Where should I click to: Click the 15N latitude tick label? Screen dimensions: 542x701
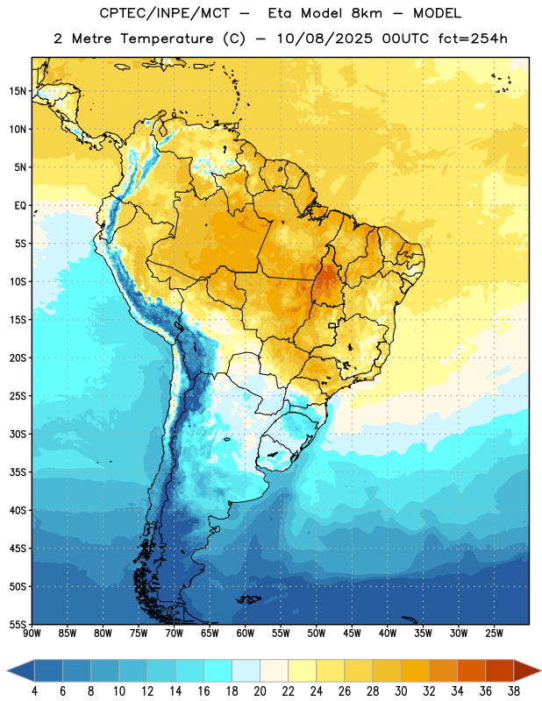18,91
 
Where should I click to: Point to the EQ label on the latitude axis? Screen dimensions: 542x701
20,206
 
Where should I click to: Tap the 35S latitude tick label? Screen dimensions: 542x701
18,472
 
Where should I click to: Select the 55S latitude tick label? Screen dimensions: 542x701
18,624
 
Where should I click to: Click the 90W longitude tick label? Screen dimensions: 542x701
32,634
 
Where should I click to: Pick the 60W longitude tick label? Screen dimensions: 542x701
246,634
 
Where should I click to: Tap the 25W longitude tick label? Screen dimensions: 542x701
494,634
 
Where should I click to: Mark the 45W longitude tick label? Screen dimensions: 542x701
352,634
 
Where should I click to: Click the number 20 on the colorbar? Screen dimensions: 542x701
260,691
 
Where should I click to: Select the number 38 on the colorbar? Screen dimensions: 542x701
514,691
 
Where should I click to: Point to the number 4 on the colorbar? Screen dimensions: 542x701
34,691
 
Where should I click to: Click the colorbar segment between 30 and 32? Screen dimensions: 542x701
415,670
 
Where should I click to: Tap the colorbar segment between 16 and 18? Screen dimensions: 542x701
218,670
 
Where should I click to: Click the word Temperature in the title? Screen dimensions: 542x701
167,39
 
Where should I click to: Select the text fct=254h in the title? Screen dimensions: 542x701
473,39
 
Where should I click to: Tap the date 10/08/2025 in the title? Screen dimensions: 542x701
324,39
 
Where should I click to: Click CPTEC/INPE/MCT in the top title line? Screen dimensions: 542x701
165,13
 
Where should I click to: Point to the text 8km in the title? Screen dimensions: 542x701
367,13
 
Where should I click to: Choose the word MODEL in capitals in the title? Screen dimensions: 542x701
437,13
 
